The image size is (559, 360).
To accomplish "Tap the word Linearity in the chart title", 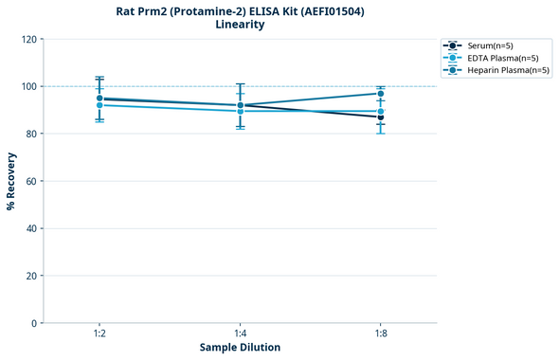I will [240, 25].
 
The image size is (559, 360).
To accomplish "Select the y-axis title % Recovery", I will [11, 181].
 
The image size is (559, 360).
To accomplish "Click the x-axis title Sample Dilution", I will [240, 348].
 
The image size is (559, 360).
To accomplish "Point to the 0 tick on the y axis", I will [34, 323].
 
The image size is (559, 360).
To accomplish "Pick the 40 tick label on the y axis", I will [31, 228].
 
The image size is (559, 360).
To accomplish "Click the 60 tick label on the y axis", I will [31, 181].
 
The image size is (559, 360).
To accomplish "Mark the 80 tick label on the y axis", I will [31, 134].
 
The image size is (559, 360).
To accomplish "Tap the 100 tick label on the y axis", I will [28, 86].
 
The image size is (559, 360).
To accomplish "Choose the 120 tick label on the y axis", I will [28, 40].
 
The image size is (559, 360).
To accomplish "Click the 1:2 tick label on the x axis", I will [99, 334].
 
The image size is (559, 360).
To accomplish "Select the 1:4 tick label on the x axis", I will [240, 334].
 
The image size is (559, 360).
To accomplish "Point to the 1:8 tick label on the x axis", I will [380, 334].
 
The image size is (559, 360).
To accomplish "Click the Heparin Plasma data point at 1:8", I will [380, 94].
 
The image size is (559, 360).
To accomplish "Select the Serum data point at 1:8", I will [380, 117].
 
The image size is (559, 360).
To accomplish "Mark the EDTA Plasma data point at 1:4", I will [240, 111].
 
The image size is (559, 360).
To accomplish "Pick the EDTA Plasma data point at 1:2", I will [99, 105].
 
